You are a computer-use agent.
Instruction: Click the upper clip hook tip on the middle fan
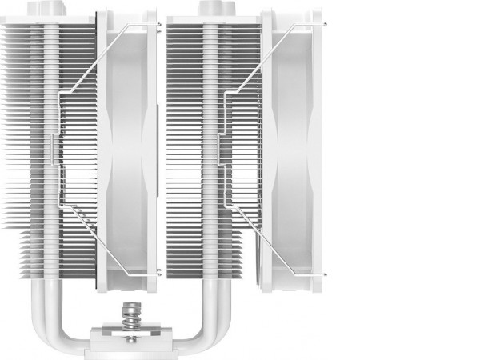(x=158, y=27)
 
